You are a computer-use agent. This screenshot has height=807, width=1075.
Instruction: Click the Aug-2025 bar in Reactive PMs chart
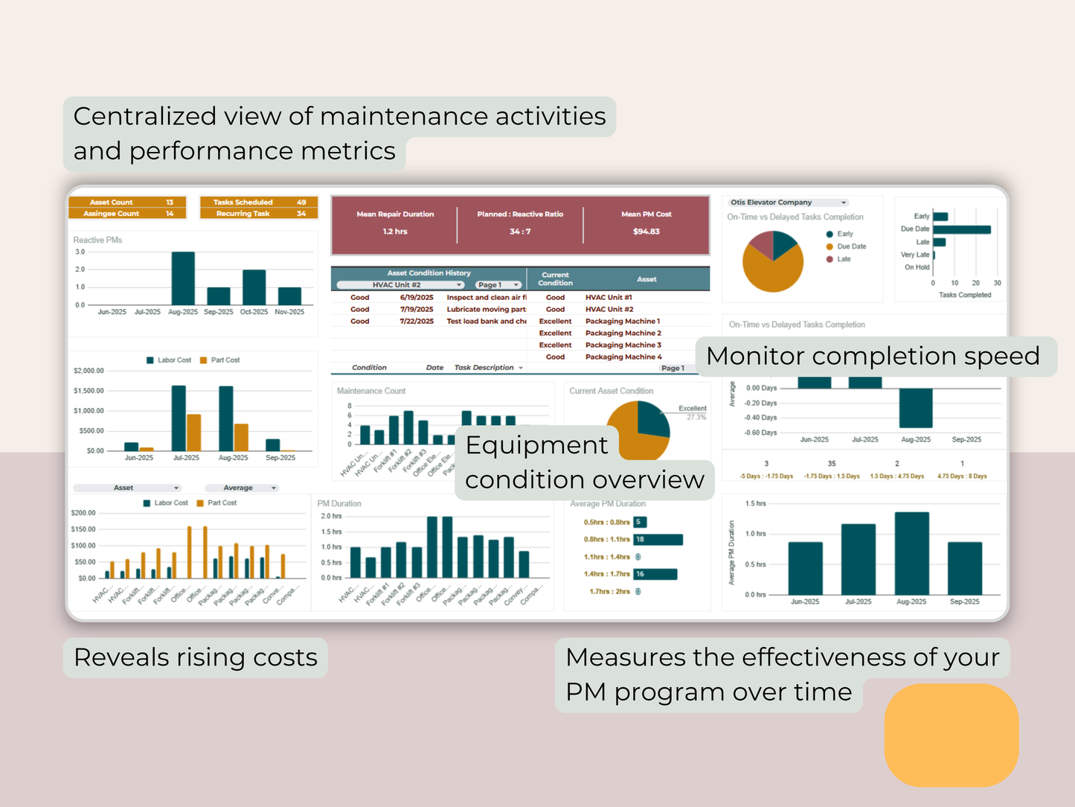coord(183,278)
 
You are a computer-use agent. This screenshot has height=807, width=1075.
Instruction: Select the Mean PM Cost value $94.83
coord(646,232)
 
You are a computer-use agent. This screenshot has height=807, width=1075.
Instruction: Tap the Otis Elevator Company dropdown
coord(788,202)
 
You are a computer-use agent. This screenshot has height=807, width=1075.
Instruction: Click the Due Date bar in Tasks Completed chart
coord(961,229)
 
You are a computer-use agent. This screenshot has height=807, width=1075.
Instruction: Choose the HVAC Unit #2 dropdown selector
coord(400,285)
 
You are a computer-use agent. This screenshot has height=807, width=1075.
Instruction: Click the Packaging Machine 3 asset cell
coord(623,345)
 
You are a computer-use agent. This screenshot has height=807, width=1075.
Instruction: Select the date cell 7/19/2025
coord(417,310)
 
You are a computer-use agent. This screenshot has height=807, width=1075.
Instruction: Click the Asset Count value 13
coord(170,202)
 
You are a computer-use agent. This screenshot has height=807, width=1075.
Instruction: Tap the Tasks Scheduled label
coord(243,202)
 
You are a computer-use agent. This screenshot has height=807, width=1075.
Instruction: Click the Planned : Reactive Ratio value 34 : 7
coord(520,232)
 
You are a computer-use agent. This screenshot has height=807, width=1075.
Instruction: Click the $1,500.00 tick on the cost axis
coord(89,391)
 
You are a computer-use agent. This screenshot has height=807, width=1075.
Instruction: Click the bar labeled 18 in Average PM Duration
coord(658,540)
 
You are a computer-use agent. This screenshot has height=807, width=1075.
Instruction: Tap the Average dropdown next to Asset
coord(241,488)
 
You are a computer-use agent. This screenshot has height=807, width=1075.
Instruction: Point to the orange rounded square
coord(951,736)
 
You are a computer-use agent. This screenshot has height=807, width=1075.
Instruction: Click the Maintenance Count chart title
coord(371,391)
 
